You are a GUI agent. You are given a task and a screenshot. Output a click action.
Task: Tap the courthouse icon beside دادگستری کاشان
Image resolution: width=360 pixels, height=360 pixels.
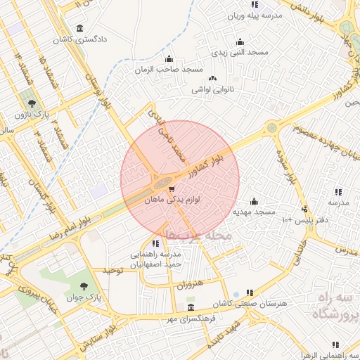tap(79, 29)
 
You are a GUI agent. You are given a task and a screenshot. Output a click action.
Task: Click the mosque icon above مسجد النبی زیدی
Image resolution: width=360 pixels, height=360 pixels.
tap(240, 41)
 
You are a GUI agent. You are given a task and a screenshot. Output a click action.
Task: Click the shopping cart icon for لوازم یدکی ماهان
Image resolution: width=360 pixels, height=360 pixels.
tap(171, 189)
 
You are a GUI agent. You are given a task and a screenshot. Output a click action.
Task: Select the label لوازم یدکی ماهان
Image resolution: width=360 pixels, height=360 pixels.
tap(171, 200)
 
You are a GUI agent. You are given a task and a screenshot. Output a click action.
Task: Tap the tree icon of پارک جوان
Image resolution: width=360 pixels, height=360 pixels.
tap(85, 286)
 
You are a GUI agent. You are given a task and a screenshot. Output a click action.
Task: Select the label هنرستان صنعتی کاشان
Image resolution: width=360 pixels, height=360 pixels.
tap(264, 302)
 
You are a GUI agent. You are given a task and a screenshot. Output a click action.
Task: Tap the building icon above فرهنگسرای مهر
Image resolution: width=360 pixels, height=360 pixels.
tap(191, 309)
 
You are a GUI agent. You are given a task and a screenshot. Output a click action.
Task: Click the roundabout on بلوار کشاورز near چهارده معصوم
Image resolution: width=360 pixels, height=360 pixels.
tap(271, 128)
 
